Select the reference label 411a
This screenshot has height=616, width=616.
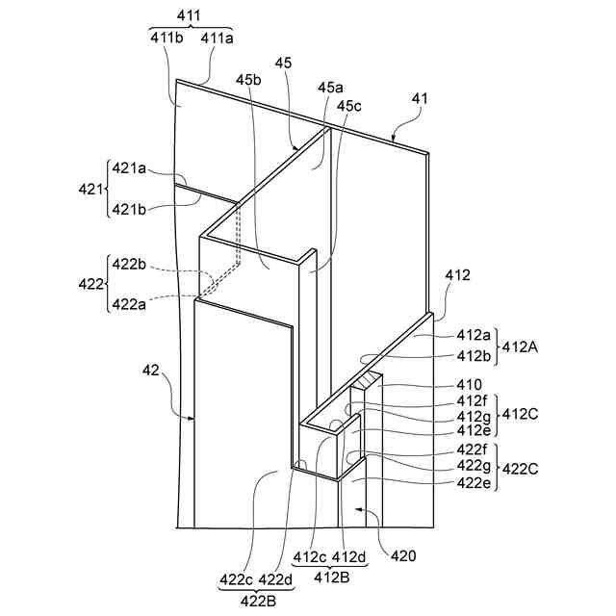point(217,38)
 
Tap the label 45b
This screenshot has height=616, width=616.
point(248,80)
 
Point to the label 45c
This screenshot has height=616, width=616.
point(350,107)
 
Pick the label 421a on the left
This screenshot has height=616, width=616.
point(129,168)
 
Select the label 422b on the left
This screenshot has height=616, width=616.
point(129,263)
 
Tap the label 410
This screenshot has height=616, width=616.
point(470,384)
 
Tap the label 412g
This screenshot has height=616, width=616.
point(473,415)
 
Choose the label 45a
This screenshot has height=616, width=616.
point(329,88)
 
